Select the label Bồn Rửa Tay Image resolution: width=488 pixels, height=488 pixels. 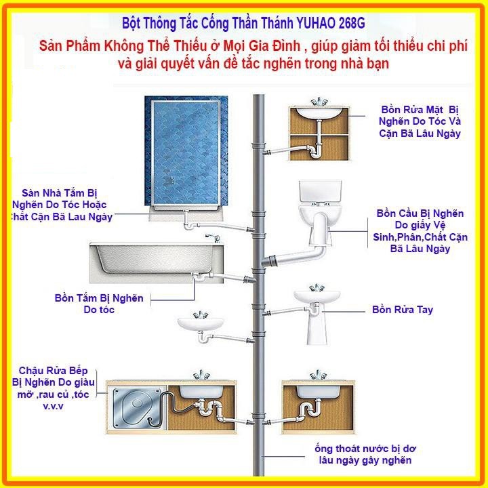click(403, 310)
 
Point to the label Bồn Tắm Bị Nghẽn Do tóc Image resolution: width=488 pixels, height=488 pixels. click(99, 304)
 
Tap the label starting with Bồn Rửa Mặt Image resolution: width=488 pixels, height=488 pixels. click(420, 121)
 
